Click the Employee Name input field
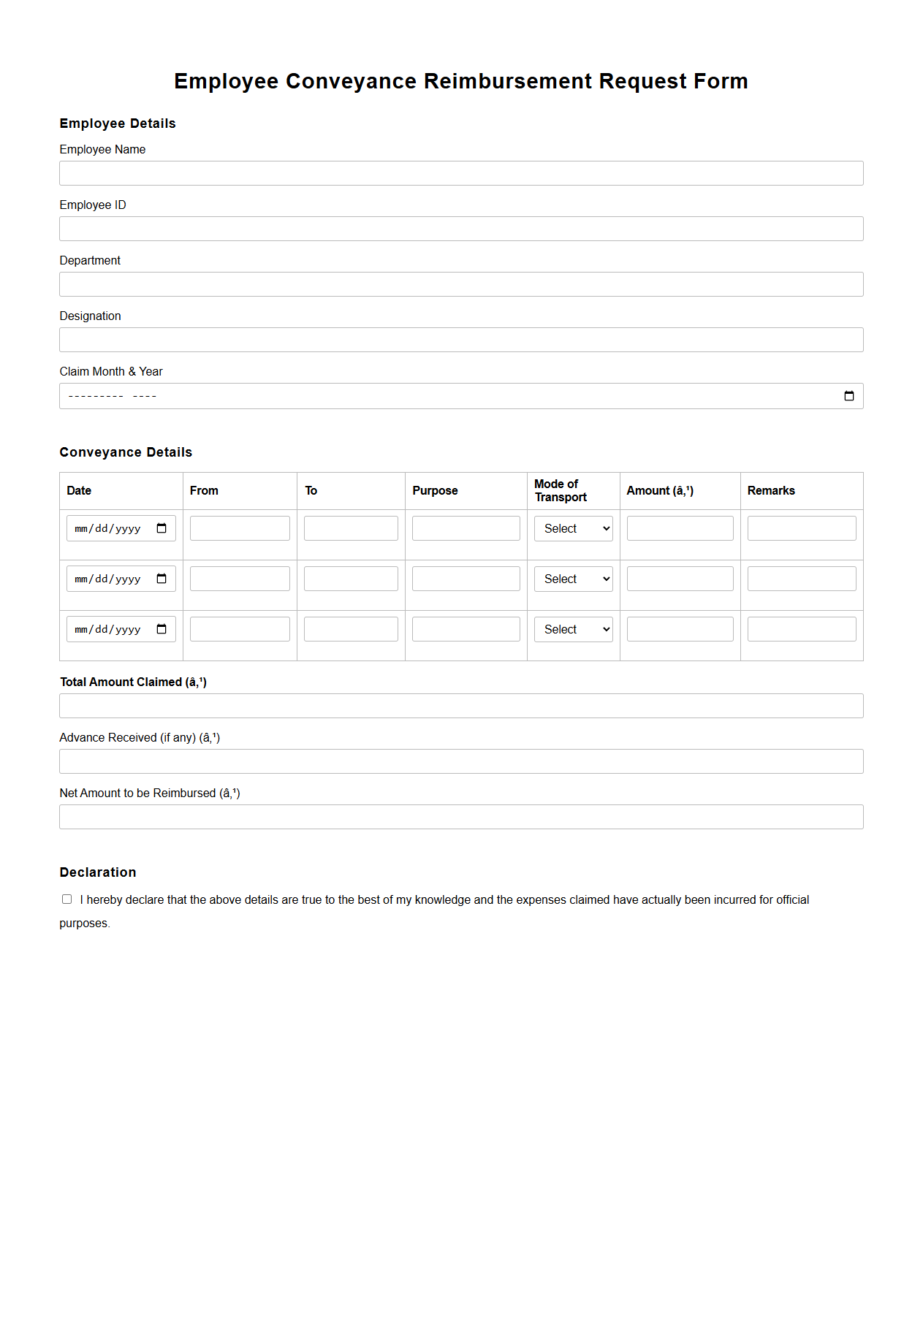click(461, 173)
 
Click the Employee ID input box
click(461, 229)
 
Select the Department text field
click(461, 284)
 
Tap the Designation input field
click(461, 340)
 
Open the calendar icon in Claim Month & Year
click(848, 396)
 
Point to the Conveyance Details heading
click(126, 452)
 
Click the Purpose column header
click(435, 491)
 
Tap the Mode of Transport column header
click(561, 490)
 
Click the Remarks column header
click(771, 491)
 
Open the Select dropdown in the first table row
click(574, 528)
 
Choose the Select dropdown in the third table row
click(574, 629)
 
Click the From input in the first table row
click(240, 528)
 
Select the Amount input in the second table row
click(680, 579)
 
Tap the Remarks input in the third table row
click(802, 629)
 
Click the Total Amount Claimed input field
click(461, 706)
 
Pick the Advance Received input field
click(461, 761)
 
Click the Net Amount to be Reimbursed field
click(461, 817)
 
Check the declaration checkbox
click(67, 899)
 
